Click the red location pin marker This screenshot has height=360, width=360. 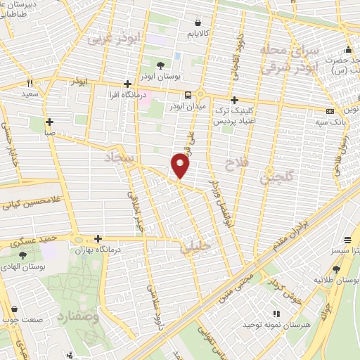[181, 166]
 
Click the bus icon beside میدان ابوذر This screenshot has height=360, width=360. [188, 95]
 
